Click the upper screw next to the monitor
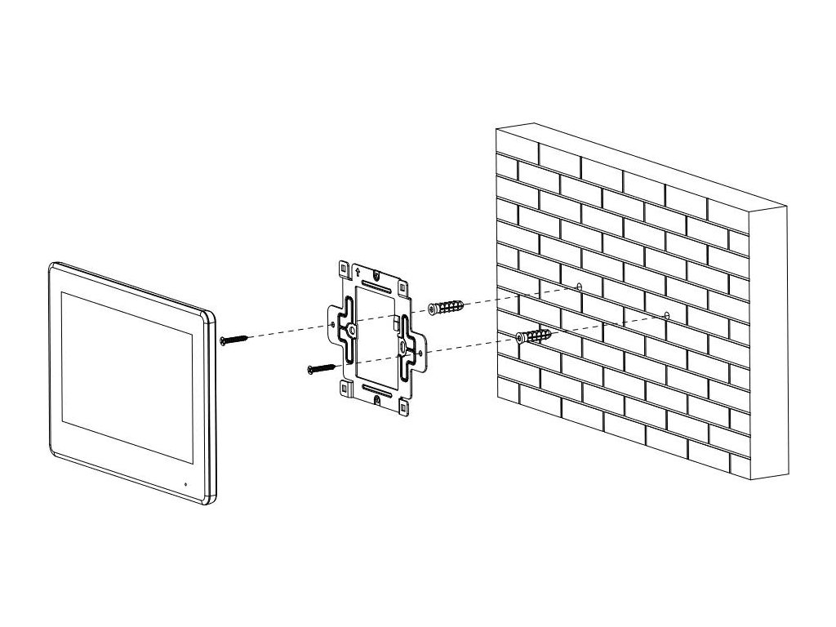tap(232, 338)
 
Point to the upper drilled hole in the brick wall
tap(579, 287)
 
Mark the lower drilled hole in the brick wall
tap(667, 315)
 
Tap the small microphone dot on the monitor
tap(185, 484)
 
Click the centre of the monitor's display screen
tap(126, 362)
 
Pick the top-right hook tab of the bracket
tap(402, 287)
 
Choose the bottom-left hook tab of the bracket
tap(343, 388)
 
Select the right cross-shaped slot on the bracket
tap(404, 345)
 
